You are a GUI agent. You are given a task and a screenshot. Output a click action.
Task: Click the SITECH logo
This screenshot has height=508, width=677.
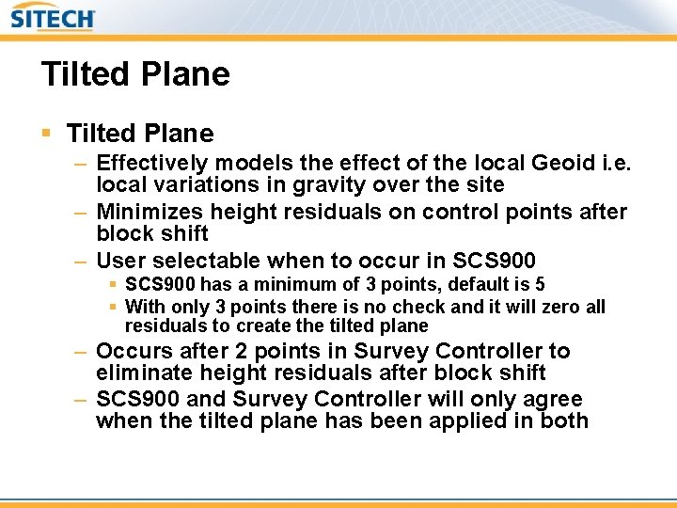pos(54,17)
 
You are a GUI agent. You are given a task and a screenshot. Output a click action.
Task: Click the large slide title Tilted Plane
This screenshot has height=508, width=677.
pos(135,74)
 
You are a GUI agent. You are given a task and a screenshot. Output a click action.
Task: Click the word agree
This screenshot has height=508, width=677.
pos(553,400)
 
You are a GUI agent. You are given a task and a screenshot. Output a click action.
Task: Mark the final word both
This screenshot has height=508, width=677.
pos(564,421)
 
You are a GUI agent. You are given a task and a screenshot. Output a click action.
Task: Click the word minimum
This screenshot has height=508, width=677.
pos(272,284)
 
